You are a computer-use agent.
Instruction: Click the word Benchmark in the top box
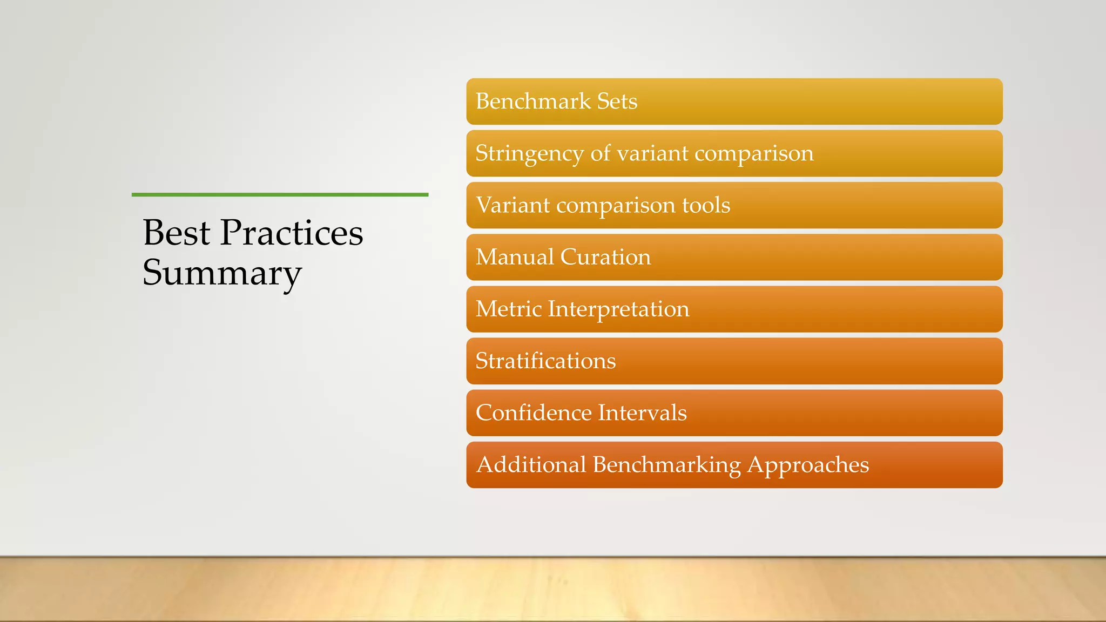(533, 102)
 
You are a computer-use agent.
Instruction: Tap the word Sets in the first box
(617, 102)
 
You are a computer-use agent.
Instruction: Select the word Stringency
(529, 154)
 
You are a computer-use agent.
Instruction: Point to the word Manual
(515, 257)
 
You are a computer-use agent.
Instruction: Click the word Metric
(508, 309)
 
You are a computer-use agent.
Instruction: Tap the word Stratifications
(545, 361)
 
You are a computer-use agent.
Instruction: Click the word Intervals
(643, 413)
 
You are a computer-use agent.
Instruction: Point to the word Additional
(531, 464)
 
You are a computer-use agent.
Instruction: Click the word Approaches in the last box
(808, 465)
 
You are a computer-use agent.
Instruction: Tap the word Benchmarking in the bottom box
(666, 465)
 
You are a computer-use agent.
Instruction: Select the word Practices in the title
(292, 233)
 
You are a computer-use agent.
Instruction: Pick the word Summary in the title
(222, 273)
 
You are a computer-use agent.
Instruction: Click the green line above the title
(280, 194)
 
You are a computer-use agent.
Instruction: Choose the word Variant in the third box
(512, 205)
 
